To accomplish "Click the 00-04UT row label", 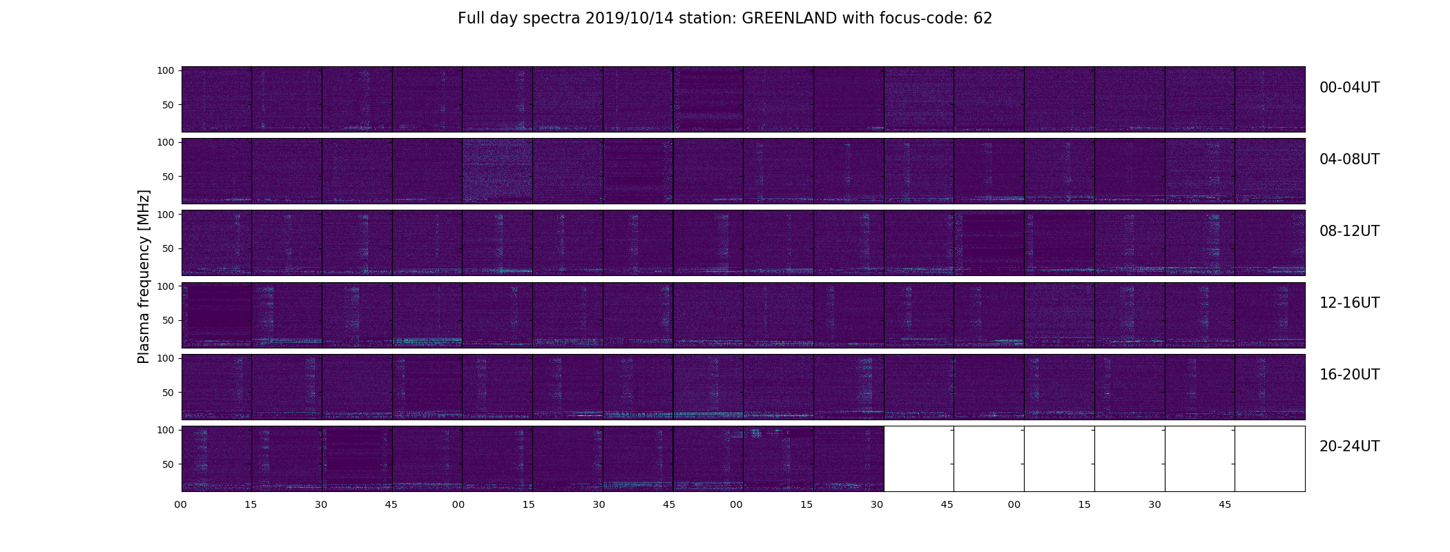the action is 1349,88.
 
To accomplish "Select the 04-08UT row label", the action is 1349,159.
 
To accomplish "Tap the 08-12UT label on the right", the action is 1349,231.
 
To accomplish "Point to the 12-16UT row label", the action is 1349,303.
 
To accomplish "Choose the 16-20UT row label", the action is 1349,375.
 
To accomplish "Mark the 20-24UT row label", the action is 1349,446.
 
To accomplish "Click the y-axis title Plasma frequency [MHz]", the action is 144,277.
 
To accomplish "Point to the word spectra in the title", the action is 552,19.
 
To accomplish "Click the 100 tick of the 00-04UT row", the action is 166,70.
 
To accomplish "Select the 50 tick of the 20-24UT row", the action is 168,464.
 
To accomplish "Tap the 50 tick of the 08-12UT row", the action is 168,248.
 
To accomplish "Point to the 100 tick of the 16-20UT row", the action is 166,358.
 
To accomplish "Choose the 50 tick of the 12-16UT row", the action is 168,321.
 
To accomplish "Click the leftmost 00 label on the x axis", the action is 181,505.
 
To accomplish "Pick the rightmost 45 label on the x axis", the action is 1225,505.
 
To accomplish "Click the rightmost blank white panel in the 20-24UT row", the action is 1270,459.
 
